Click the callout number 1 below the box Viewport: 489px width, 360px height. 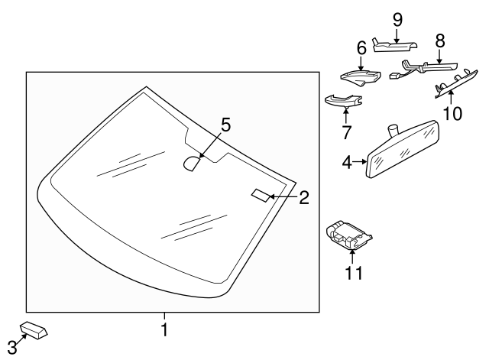point(164,330)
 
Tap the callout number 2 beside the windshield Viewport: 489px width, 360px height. point(303,198)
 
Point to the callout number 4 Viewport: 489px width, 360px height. point(347,163)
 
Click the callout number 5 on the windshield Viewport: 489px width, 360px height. point(225,125)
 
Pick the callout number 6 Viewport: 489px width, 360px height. point(361,49)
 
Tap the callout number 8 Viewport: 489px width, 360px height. point(439,39)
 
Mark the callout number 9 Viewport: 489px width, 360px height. point(397,18)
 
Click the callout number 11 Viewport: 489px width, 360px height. point(352,271)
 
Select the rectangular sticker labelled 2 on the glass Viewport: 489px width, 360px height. point(261,196)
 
